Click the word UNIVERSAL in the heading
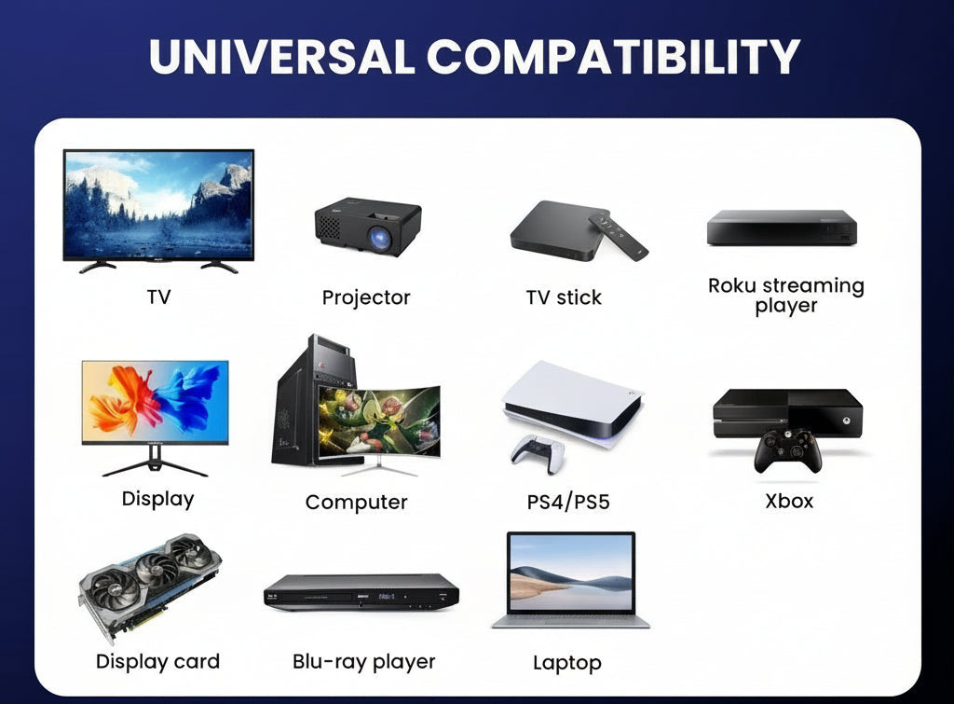[x=282, y=56]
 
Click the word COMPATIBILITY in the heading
[x=613, y=56]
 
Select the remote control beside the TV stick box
[x=618, y=236]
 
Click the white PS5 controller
[x=538, y=453]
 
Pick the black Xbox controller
[x=788, y=450]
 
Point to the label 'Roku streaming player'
[x=786, y=296]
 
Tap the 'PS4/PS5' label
[x=568, y=503]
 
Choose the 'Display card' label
[x=157, y=661]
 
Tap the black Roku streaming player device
[x=782, y=228]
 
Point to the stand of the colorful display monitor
[x=156, y=462]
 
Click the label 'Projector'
[x=366, y=297]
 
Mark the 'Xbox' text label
[x=789, y=502]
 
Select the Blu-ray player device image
[x=361, y=592]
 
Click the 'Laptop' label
[x=567, y=663]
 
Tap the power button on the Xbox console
[x=846, y=421]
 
